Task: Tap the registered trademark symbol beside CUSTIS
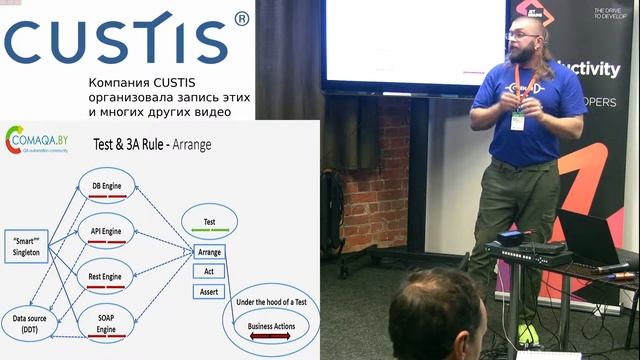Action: [241, 18]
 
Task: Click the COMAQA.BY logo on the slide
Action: [40, 141]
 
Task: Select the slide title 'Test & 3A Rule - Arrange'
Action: [159, 144]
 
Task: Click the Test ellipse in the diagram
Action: [210, 222]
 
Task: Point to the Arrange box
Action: [210, 252]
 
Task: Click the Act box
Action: [210, 270]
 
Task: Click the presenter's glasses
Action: [522, 36]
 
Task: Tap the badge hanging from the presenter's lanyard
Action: [518, 120]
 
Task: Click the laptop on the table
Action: [591, 240]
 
